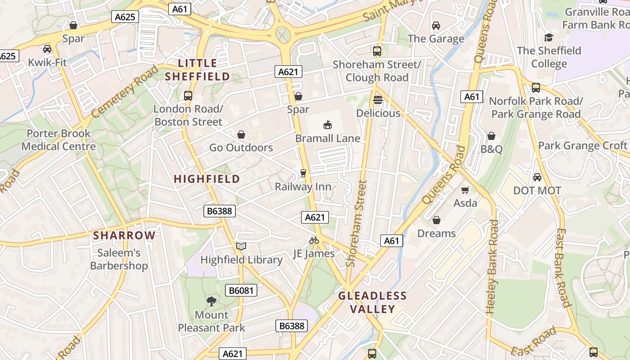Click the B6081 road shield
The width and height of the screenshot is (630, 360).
pyautogui.click(x=242, y=290)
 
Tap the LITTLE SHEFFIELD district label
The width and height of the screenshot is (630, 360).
pyautogui.click(x=198, y=70)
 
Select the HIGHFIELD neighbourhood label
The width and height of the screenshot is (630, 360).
pyautogui.click(x=207, y=179)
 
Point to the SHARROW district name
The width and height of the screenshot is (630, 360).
pyautogui.click(x=124, y=235)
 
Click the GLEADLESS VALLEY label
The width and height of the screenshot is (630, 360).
pyautogui.click(x=373, y=302)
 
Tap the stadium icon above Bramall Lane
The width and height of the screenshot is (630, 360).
pyautogui.click(x=327, y=125)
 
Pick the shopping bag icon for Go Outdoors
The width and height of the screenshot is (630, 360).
pyautogui.click(x=241, y=135)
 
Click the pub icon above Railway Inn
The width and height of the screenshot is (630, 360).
pyautogui.click(x=303, y=173)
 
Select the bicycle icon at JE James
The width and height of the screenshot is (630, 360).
pyautogui.click(x=314, y=240)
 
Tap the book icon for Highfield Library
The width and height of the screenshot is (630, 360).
pyautogui.click(x=241, y=246)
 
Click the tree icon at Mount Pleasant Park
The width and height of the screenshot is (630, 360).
pyautogui.click(x=211, y=301)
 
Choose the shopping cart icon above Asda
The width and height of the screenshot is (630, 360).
pyautogui.click(x=465, y=190)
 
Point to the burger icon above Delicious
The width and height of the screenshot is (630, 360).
pyautogui.click(x=378, y=99)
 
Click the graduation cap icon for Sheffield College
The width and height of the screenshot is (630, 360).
pyautogui.click(x=548, y=37)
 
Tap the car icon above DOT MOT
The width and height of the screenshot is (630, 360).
pyautogui.click(x=537, y=177)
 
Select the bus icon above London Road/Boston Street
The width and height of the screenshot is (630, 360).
pyautogui.click(x=188, y=95)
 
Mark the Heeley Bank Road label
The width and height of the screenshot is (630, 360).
pyautogui.click(x=492, y=266)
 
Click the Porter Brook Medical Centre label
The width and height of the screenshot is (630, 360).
pyautogui.click(x=58, y=139)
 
